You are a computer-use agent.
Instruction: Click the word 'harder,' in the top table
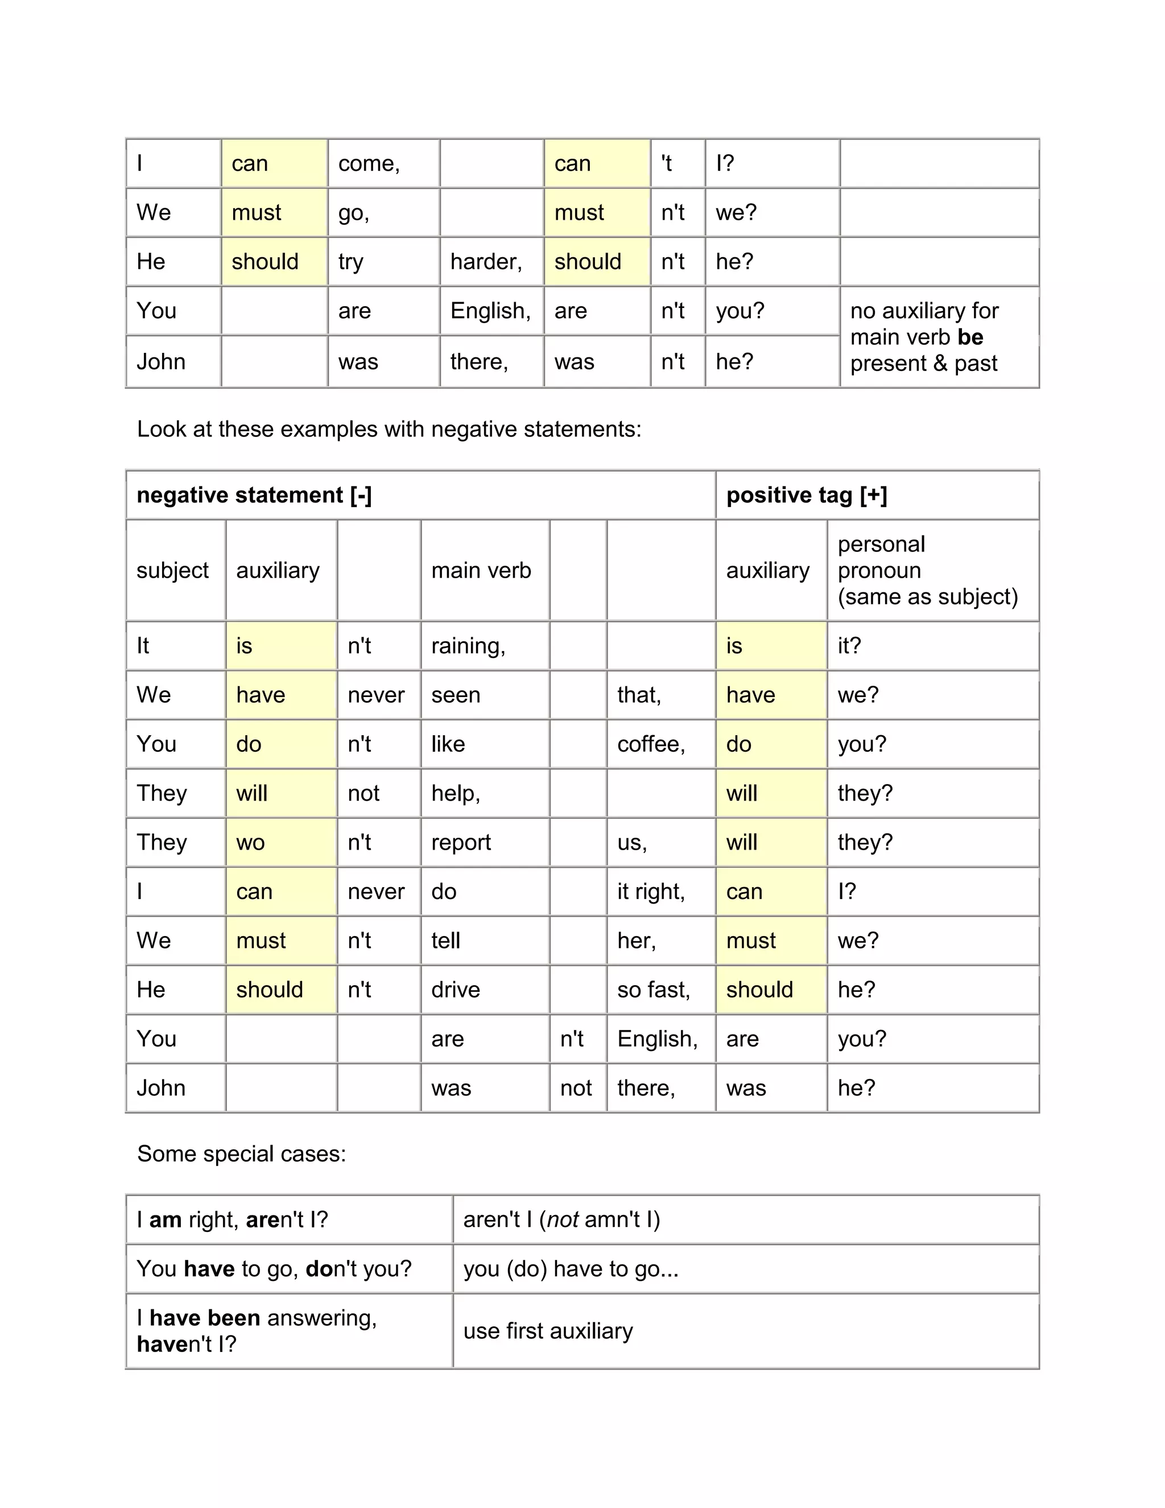click(486, 262)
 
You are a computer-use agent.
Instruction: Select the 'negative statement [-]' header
click(254, 495)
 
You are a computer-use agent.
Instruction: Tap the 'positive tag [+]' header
click(806, 495)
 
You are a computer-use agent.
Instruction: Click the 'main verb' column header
click(481, 570)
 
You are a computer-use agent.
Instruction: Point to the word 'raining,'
click(468, 646)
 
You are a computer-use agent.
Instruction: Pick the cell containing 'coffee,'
click(651, 744)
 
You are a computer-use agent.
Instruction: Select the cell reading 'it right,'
click(651, 891)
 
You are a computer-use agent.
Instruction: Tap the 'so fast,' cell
click(654, 990)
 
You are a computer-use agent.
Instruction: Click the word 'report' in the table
click(461, 842)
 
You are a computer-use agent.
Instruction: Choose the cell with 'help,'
click(456, 793)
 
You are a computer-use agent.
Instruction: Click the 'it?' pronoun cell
click(850, 646)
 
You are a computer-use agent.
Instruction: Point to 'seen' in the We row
click(456, 695)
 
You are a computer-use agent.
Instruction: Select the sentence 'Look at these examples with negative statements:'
click(389, 430)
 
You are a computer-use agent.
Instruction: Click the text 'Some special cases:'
click(242, 1154)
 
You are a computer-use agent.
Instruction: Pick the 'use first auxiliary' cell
click(548, 1331)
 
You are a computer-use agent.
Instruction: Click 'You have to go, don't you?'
click(274, 1269)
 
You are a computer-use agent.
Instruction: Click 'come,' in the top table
click(369, 164)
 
